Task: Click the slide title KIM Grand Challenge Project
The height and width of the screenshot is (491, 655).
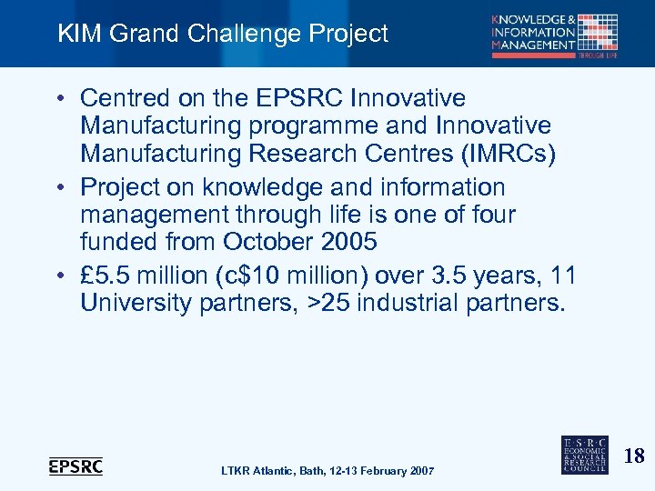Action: point(223,35)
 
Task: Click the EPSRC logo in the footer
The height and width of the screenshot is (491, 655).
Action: point(76,466)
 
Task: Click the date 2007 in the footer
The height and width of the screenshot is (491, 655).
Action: point(419,470)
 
